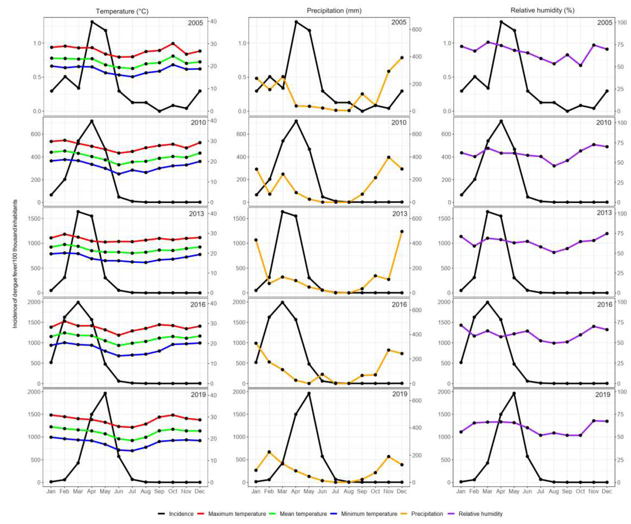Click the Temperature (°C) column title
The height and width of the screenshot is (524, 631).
click(x=122, y=11)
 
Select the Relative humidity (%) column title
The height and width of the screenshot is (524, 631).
click(x=542, y=11)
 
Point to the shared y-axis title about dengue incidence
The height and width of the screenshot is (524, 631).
click(x=15, y=264)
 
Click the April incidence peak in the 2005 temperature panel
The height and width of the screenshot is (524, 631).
click(x=92, y=22)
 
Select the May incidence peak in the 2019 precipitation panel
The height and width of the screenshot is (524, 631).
click(x=309, y=393)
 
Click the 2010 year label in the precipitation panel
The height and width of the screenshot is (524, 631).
click(x=399, y=123)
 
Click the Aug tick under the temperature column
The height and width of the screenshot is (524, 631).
click(x=145, y=491)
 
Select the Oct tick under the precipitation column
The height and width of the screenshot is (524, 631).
click(x=375, y=491)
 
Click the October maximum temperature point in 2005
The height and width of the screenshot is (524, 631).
click(x=173, y=44)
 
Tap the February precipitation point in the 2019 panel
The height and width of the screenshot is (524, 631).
click(x=269, y=452)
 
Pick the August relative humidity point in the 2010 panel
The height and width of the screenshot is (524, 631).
click(x=554, y=166)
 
